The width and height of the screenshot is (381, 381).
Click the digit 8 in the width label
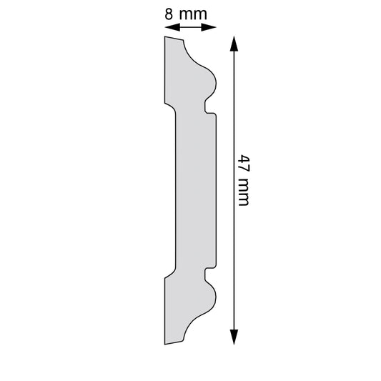coord(169,14)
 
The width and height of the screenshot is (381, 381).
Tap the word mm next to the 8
coord(193,15)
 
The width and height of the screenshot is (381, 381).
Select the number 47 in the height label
coord(244,163)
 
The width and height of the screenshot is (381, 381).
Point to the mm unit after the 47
coord(244,192)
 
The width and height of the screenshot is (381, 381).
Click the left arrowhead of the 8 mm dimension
coord(172,27)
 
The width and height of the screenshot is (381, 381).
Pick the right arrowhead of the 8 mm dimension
coord(209,27)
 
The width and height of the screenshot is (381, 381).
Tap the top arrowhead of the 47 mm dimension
coord(234,44)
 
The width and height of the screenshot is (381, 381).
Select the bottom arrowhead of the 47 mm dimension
coord(234,337)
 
